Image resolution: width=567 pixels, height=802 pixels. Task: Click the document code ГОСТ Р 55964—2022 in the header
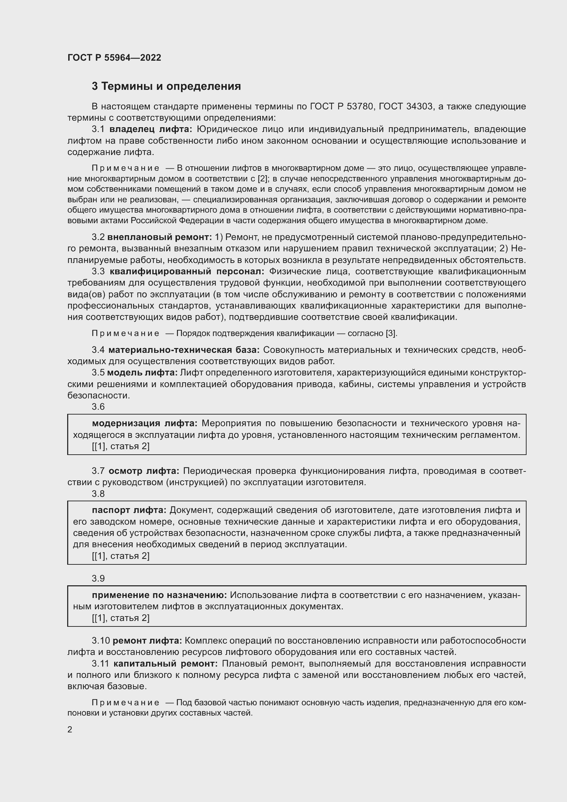point(114,58)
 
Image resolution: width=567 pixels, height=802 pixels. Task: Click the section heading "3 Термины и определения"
point(166,86)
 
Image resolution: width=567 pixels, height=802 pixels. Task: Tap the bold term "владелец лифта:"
point(151,129)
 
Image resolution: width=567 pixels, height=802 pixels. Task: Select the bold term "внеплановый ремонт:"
point(159,237)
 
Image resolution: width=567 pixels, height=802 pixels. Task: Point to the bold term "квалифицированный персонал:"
point(187,272)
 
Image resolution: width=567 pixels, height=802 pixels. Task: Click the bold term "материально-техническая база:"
point(184,350)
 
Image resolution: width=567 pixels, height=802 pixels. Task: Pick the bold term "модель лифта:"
point(142,373)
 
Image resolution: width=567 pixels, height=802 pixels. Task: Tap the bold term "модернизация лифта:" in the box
point(145,423)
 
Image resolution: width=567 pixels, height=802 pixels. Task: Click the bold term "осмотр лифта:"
point(144,471)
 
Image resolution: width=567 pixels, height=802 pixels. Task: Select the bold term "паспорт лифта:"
point(129,510)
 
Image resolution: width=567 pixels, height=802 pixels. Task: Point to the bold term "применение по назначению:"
point(159,595)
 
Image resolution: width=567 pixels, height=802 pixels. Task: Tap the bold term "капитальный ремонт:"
point(166,663)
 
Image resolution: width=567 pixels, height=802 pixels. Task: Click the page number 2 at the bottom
point(70,729)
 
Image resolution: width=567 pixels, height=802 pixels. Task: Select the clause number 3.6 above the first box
point(98,407)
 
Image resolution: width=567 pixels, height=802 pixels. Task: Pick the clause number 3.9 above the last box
point(98,578)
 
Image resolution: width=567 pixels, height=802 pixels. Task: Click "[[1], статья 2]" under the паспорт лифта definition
point(120,556)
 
